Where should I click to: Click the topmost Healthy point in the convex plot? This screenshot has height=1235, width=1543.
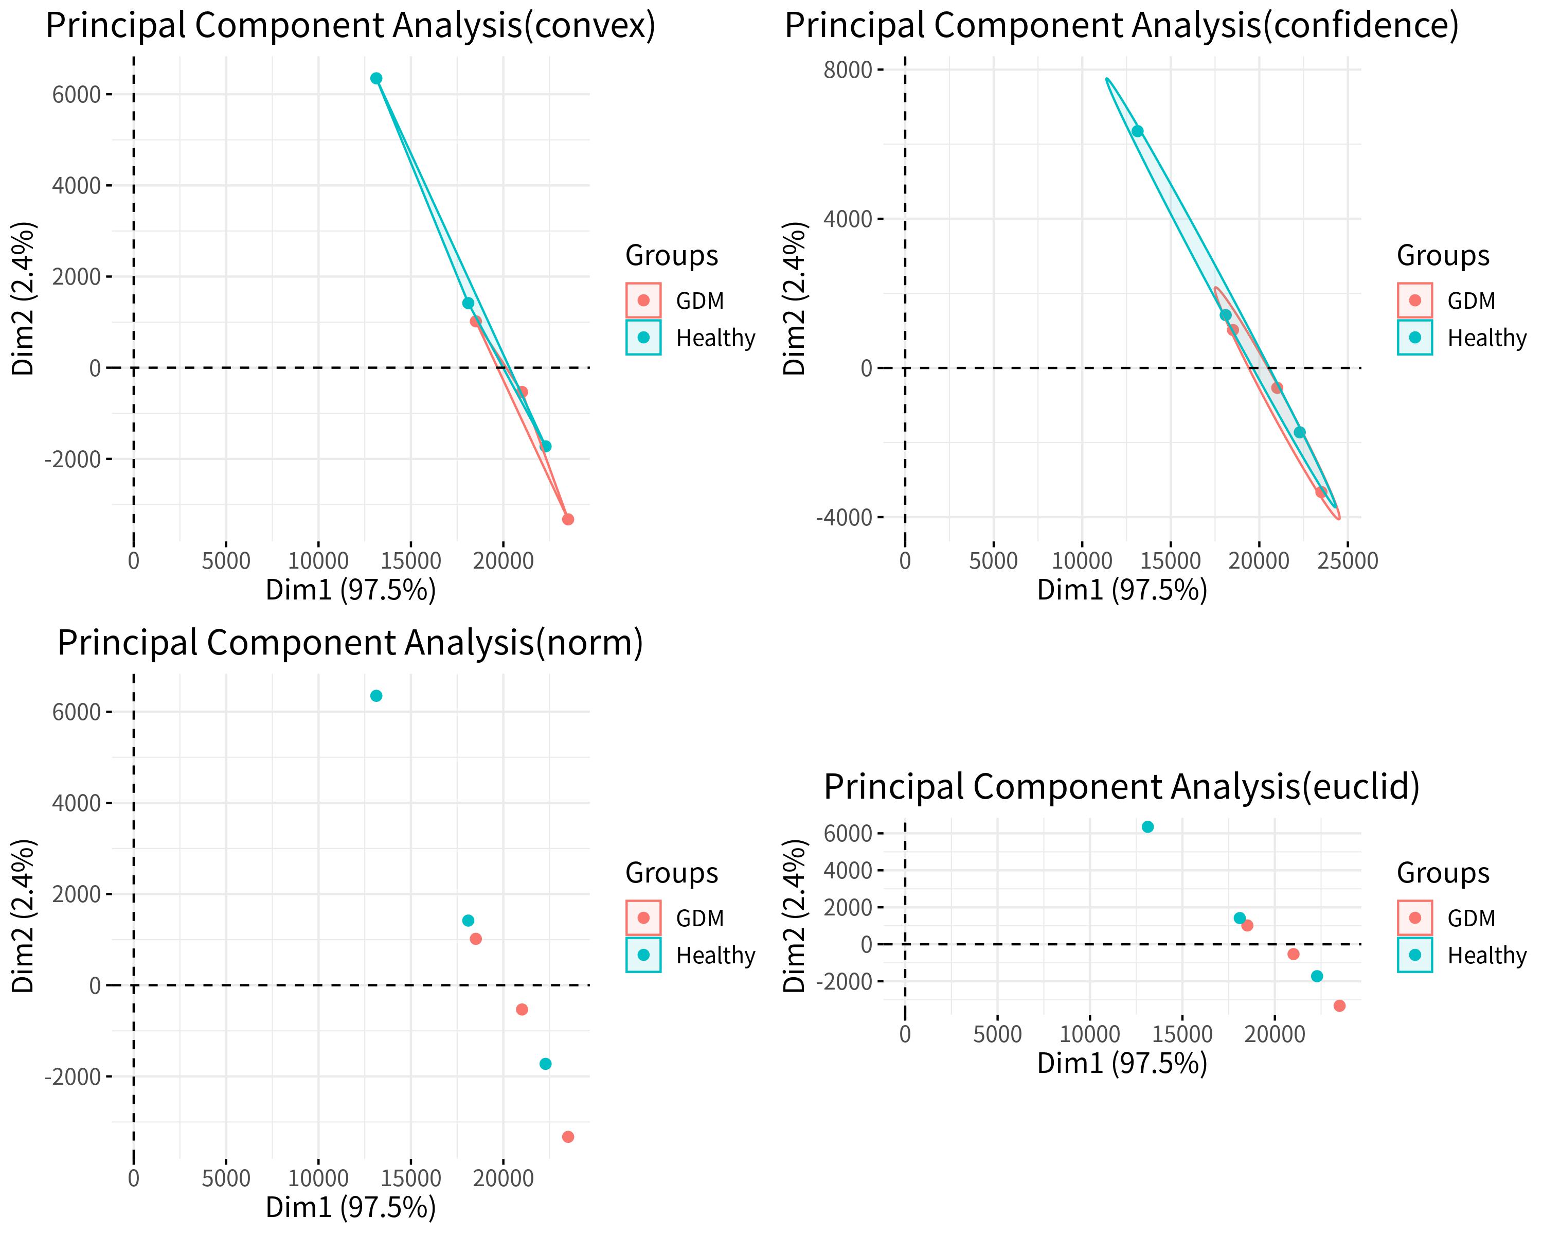point(376,78)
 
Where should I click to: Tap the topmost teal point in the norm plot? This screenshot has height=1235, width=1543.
point(376,695)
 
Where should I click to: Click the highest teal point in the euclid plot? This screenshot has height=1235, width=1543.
point(1148,826)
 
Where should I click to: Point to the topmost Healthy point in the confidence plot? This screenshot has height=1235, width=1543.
point(1137,131)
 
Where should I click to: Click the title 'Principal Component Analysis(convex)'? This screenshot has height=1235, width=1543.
point(351,26)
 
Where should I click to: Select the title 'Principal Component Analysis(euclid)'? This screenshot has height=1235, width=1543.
point(1121,786)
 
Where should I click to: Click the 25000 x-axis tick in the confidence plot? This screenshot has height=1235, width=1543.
point(1349,560)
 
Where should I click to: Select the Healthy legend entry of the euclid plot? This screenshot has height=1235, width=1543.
point(1486,955)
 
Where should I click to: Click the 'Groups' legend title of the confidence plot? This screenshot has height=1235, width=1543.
point(1443,256)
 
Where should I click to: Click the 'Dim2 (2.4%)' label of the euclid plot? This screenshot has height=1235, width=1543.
point(795,915)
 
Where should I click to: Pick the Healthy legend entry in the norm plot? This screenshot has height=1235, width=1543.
point(714,955)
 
